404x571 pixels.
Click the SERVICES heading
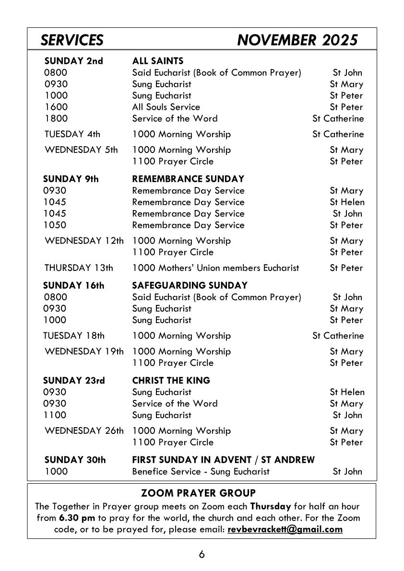click(72, 40)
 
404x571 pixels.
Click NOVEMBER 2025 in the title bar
click(297, 40)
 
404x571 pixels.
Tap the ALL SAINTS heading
click(158, 61)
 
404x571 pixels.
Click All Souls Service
click(166, 107)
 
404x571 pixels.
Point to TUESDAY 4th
click(72, 134)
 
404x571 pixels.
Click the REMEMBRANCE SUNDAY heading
click(188, 179)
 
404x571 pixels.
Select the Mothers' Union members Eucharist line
click(215, 268)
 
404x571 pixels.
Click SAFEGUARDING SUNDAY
click(190, 285)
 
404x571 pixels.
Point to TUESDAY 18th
click(74, 336)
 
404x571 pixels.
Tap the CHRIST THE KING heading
click(171, 381)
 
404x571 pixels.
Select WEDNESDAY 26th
click(83, 431)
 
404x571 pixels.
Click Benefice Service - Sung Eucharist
click(201, 471)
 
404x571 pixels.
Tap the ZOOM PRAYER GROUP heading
click(199, 493)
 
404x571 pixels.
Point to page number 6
click(202, 555)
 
